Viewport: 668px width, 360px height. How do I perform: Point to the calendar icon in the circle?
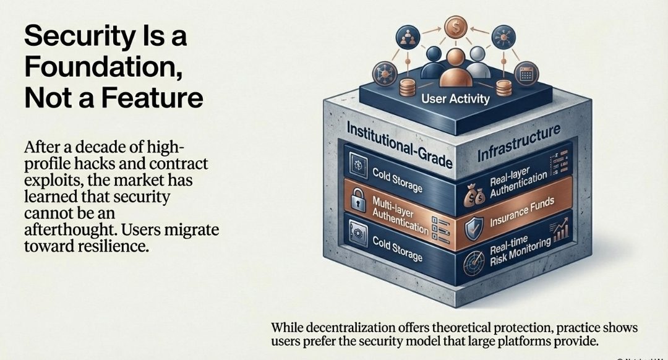pyautogui.click(x=527, y=73)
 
